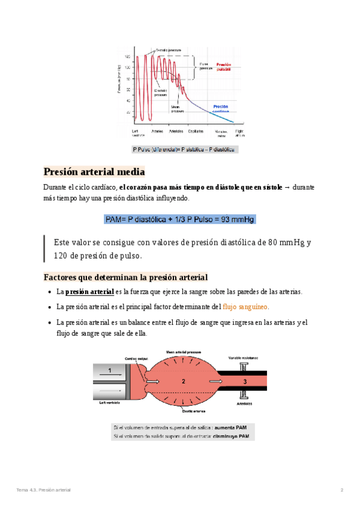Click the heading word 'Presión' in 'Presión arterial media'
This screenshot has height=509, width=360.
pos(63,171)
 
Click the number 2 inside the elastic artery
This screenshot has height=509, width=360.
pos(184,381)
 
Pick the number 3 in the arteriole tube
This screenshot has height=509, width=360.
pos(244,381)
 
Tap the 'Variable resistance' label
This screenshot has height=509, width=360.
pos(244,357)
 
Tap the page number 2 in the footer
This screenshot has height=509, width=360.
pos(341,490)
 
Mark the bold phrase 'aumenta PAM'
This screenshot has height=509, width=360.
pos(232,427)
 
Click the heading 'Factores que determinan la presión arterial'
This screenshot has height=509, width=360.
pos(125,277)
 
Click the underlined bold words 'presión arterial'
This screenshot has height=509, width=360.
pos(89,292)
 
